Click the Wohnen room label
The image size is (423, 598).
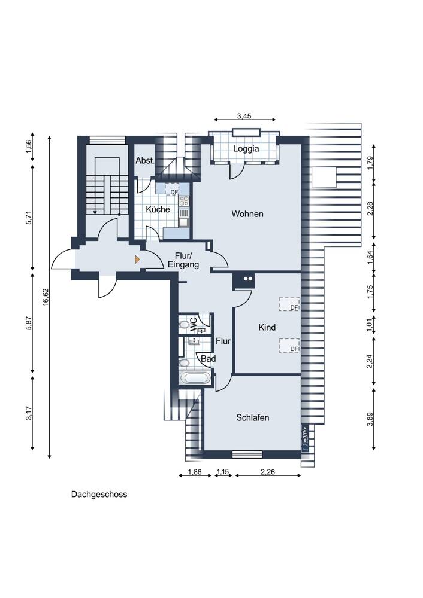click(247, 214)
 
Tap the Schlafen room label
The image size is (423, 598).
click(253, 417)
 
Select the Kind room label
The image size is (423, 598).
click(267, 327)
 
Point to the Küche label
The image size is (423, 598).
click(158, 209)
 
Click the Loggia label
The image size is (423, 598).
click(246, 149)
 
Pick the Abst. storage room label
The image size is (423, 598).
click(145, 160)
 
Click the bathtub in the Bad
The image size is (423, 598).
click(195, 379)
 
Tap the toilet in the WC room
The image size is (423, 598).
click(184, 325)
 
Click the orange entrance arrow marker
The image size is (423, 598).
click(137, 260)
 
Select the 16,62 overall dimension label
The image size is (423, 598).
click(46, 297)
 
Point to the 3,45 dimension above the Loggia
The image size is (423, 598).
click(244, 117)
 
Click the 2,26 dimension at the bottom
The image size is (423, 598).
click(267, 472)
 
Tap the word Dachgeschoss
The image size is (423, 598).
click(99, 495)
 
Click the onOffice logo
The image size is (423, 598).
click(305, 438)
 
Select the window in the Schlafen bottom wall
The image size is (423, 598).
click(247, 454)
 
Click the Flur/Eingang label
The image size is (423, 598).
click(183, 260)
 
